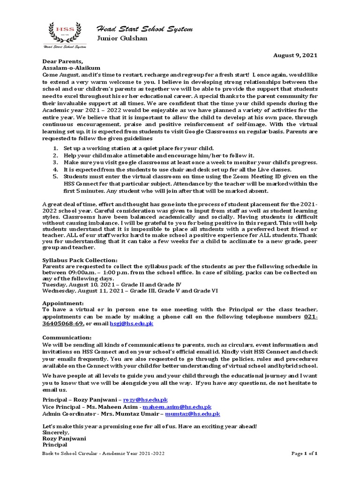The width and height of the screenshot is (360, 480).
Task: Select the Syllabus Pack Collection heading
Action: pos(80,260)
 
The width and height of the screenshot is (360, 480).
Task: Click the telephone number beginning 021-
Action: pos(311,317)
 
